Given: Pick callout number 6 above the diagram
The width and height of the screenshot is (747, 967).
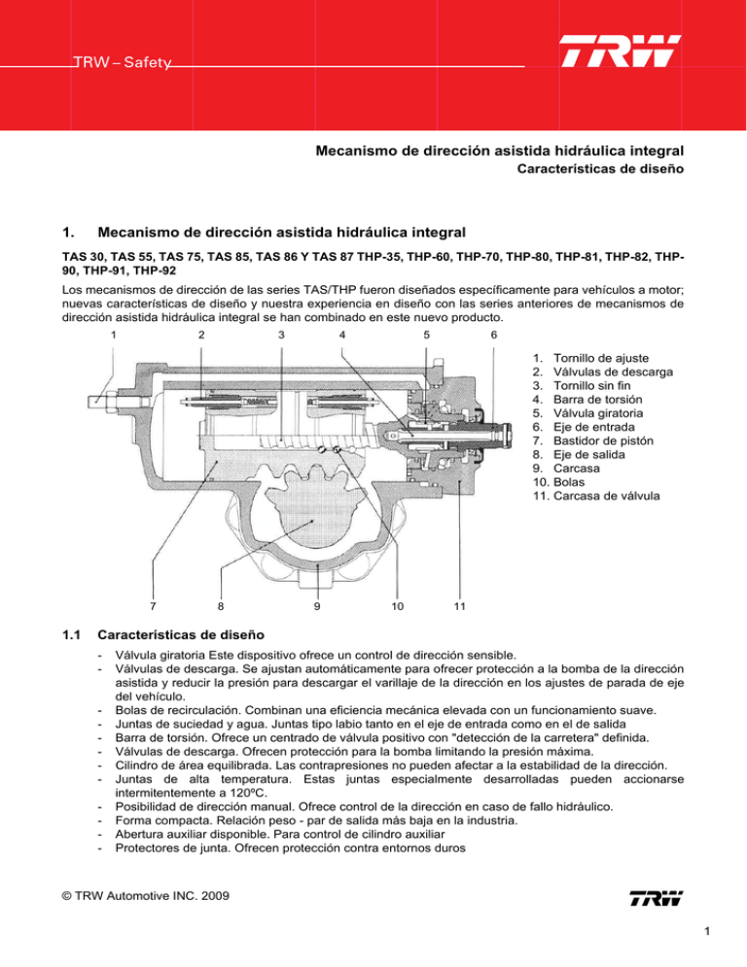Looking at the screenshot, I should pyautogui.click(x=493, y=336).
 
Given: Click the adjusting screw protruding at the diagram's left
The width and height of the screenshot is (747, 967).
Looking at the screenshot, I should pyautogui.click(x=100, y=400).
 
